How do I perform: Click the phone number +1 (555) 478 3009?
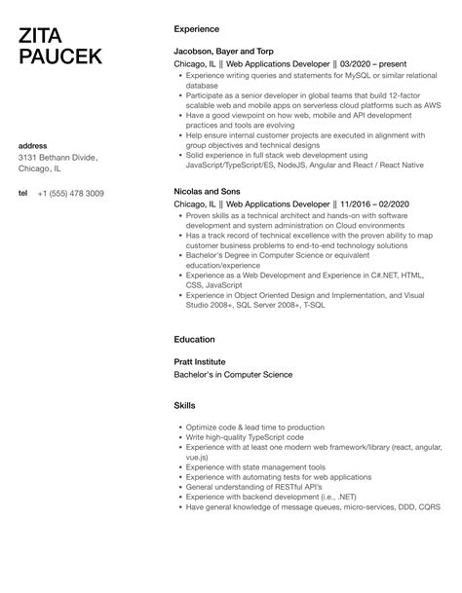[85, 193]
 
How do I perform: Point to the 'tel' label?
[23, 193]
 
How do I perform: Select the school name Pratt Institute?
[200, 361]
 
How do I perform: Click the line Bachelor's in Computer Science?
[233, 374]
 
